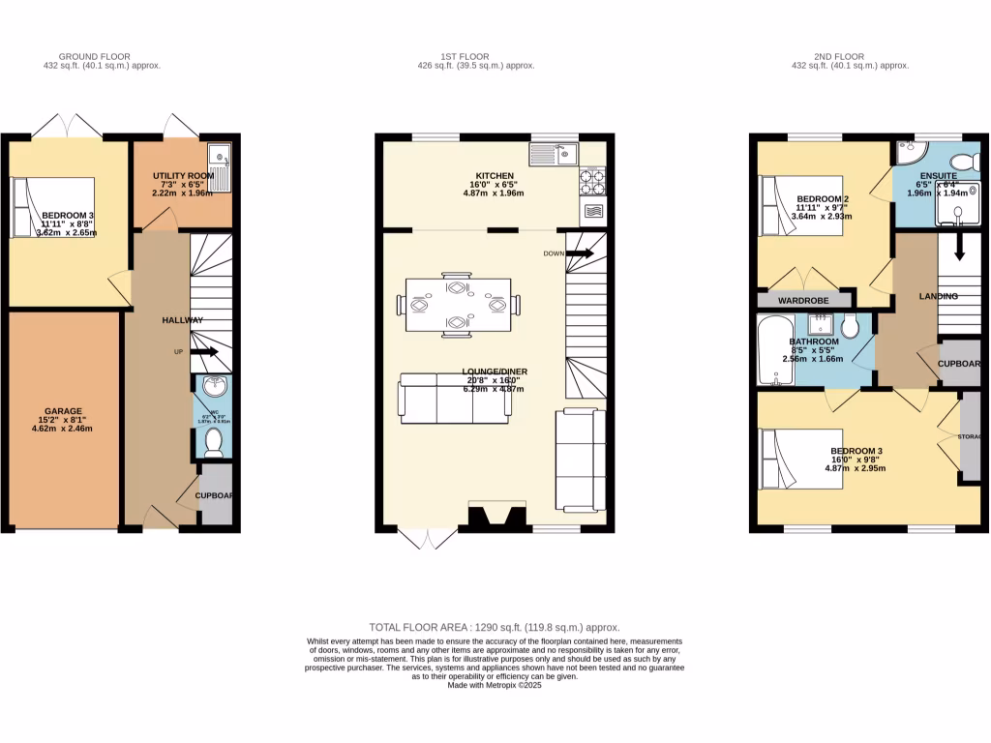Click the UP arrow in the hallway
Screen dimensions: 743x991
coord(204,352)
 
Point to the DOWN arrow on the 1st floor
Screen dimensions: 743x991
coord(579,253)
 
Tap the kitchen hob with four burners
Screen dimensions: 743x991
coord(592,179)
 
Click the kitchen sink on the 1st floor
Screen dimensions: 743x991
coord(554,153)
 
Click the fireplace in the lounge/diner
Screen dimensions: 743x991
coord(497,516)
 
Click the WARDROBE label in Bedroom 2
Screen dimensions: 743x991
coord(803,301)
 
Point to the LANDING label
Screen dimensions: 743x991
coord(939,296)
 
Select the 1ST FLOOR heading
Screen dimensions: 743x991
coord(475,57)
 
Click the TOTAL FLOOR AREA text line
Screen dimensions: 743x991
coord(495,627)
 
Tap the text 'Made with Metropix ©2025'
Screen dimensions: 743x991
coord(495,685)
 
